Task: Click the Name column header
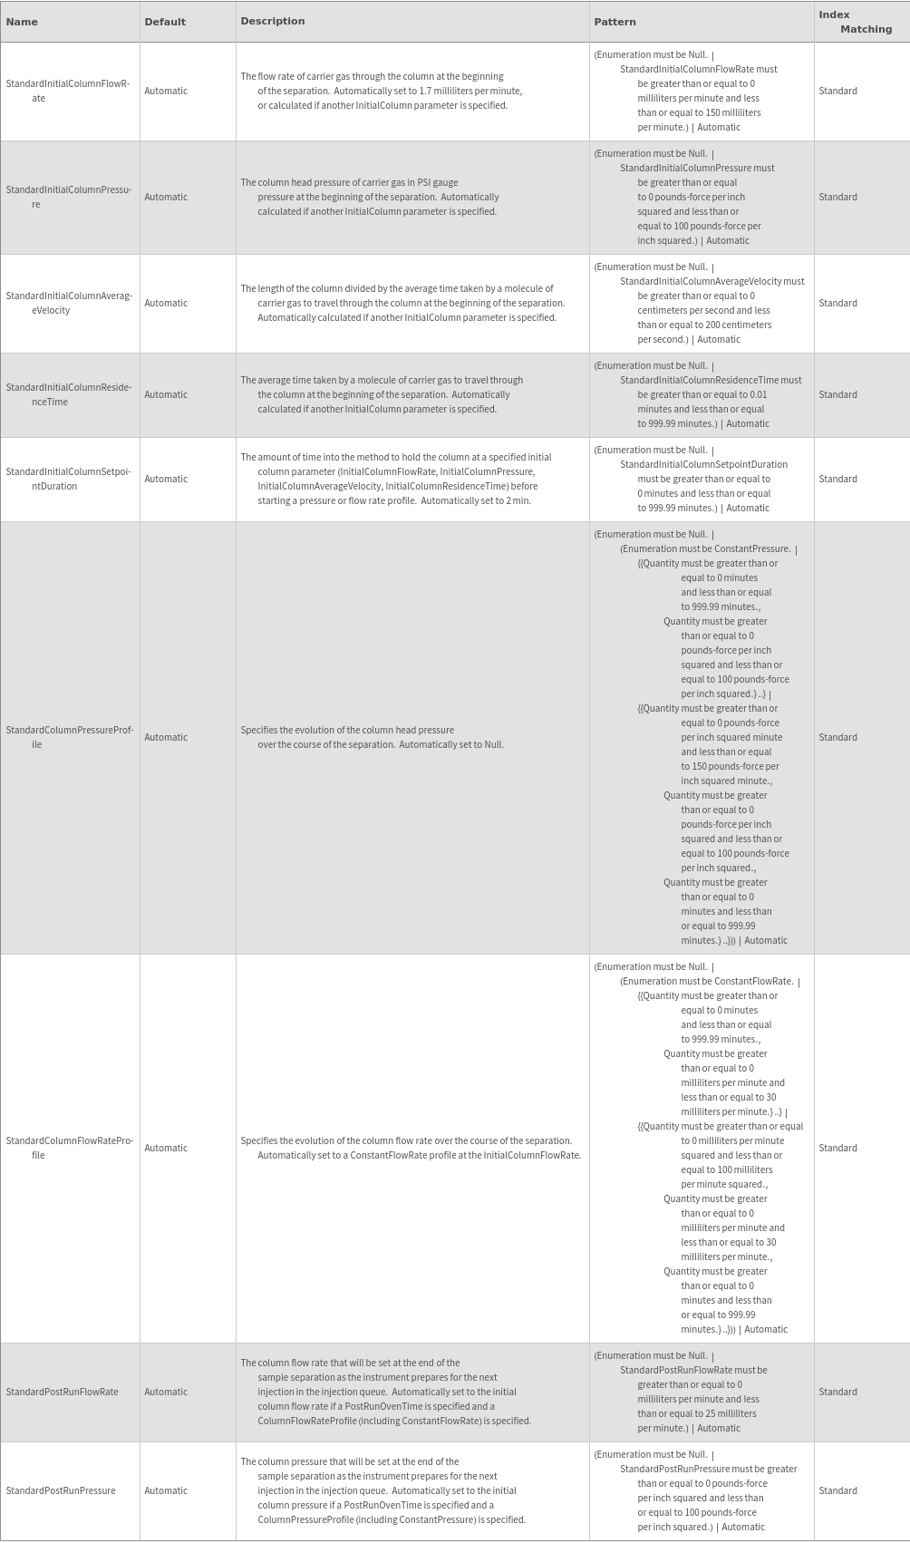(22, 22)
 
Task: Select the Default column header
(165, 22)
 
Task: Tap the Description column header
(273, 21)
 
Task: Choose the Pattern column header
(615, 22)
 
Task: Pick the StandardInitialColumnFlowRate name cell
(68, 91)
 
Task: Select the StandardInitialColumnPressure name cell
(68, 197)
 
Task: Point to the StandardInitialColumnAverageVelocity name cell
(68, 303)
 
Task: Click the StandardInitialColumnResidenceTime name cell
(68, 394)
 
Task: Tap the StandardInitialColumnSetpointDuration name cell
(68, 479)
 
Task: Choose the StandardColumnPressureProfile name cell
(68, 737)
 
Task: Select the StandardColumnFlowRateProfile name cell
(68, 1148)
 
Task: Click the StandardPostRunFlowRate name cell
(62, 1392)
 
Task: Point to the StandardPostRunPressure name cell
(61, 1490)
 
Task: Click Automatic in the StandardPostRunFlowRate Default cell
(166, 1392)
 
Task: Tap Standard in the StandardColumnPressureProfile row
(837, 737)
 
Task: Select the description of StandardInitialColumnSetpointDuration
(396, 479)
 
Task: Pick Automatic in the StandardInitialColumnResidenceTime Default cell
(166, 394)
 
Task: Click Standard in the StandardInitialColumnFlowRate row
(837, 91)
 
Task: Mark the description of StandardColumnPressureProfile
(372, 737)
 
